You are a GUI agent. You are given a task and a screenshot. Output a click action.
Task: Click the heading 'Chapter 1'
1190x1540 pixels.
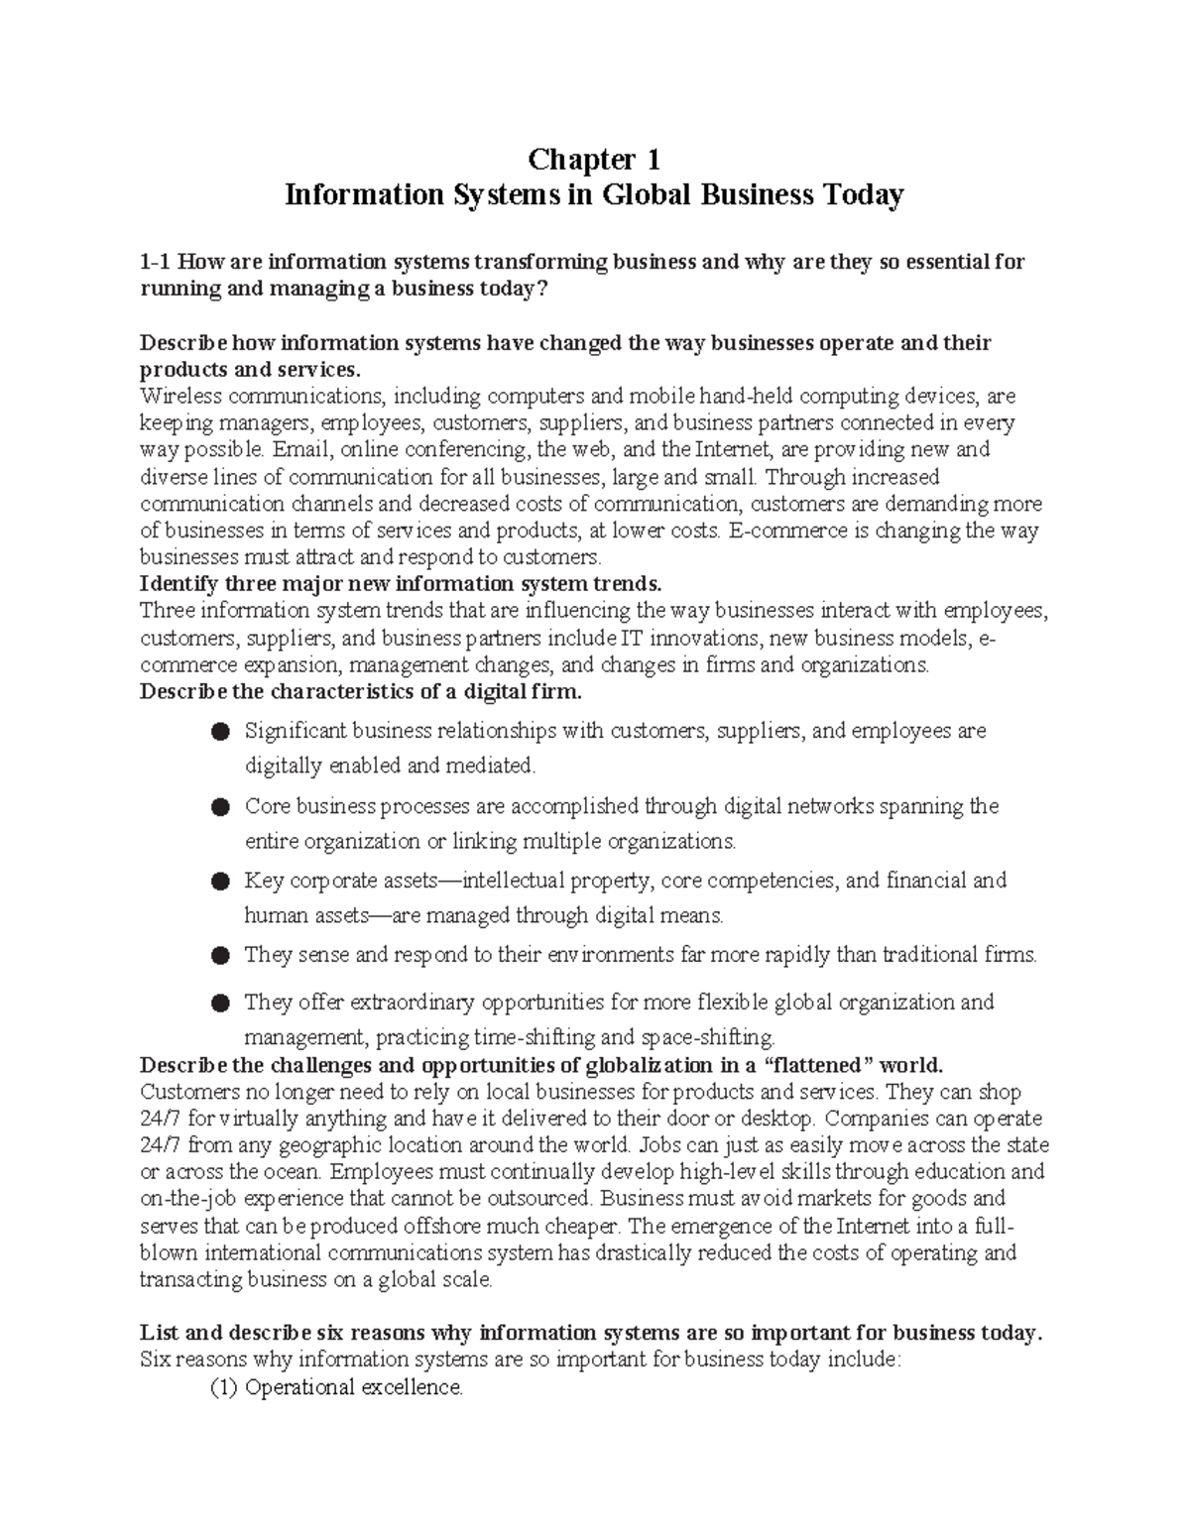click(594, 159)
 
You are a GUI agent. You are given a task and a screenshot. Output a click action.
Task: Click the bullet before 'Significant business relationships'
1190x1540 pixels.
click(221, 732)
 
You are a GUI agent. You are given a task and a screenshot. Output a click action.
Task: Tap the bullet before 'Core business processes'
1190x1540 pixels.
click(221, 807)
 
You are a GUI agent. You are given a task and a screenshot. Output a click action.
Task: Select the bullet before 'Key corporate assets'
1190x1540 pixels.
click(221, 882)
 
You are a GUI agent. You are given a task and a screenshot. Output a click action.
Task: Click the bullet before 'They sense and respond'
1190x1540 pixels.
click(221, 956)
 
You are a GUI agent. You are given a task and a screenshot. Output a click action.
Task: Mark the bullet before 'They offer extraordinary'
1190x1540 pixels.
click(221, 1004)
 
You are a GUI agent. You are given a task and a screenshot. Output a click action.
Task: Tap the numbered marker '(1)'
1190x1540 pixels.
click(223, 1387)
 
